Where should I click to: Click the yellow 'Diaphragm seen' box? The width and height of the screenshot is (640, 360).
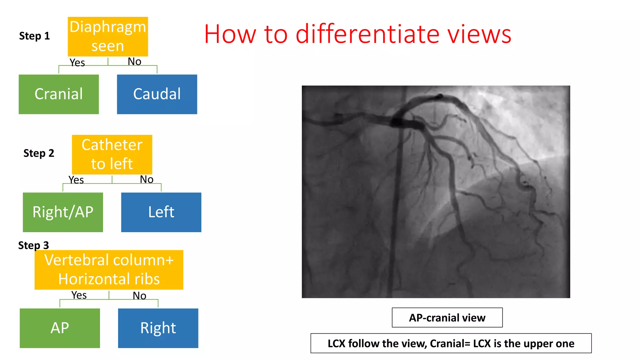click(108, 37)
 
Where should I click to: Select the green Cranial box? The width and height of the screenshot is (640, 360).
click(59, 94)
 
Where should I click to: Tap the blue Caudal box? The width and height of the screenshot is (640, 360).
click(157, 94)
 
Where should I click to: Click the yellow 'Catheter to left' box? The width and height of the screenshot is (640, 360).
click(112, 154)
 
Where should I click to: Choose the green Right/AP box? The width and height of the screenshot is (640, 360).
click(63, 212)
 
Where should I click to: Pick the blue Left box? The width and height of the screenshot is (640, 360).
click(161, 212)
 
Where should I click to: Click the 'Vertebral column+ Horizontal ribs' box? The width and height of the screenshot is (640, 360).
click(109, 270)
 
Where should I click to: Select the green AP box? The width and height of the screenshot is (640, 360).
click(60, 328)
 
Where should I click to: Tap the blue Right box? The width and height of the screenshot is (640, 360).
click(158, 328)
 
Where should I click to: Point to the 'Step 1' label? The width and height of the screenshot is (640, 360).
click(34, 36)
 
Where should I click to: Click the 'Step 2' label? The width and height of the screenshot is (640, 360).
click(39, 153)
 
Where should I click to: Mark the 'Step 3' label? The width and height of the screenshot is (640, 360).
click(33, 245)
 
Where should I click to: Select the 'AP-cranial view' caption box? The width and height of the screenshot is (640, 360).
click(447, 317)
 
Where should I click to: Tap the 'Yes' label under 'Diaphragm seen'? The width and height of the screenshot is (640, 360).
click(77, 62)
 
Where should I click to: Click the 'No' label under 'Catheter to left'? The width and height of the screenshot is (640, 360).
click(147, 179)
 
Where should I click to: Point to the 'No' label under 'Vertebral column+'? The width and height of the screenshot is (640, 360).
click(139, 296)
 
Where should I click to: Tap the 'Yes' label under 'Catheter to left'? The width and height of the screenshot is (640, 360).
click(76, 180)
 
